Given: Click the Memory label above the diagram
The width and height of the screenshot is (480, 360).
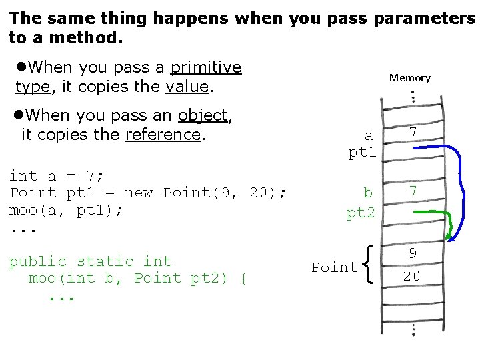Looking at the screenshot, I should click(x=410, y=78).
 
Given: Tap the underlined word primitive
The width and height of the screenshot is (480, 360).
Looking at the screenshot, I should click(x=206, y=67).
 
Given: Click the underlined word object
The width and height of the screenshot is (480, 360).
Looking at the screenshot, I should click(x=203, y=115).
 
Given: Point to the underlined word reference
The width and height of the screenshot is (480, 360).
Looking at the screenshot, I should click(x=163, y=135).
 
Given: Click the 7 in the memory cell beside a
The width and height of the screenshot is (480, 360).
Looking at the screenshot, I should click(x=413, y=133).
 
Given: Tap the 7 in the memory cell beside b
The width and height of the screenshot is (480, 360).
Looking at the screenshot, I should click(x=413, y=192).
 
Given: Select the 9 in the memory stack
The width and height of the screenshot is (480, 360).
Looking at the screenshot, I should click(x=413, y=253).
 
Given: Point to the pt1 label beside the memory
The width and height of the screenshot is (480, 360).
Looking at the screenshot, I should click(x=363, y=153).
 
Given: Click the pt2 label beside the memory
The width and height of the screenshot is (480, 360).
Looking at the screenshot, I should click(x=361, y=213).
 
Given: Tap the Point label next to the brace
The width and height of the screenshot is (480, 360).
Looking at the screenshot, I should click(x=335, y=267).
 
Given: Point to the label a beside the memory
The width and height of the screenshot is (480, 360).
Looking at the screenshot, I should click(x=368, y=136).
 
